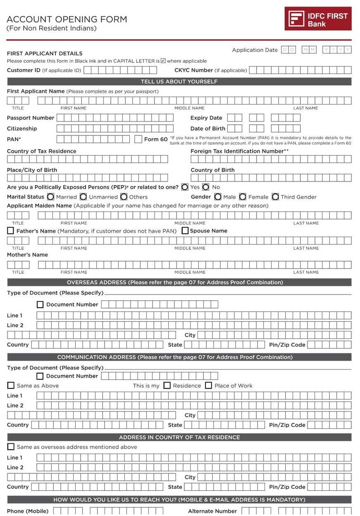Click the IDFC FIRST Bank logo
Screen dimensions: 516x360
tap(318, 19)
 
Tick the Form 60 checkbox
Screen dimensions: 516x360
tap(138, 139)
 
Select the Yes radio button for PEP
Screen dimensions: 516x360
tap(185, 187)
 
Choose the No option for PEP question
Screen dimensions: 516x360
tap(206, 187)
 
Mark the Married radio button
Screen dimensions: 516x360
tap(50, 197)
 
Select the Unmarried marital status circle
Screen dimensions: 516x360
tap(83, 197)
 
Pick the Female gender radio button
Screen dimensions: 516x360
tap(243, 197)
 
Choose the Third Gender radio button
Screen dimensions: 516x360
tap(275, 197)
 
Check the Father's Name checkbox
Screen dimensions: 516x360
tap(10, 231)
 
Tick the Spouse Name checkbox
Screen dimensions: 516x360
tap(185, 231)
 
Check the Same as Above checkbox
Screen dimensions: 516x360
tap(11, 385)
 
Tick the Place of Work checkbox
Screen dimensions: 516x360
tap(208, 385)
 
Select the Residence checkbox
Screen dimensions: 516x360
tap(167, 385)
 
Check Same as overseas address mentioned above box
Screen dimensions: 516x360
tap(11, 447)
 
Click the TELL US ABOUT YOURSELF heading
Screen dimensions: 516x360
tap(179, 82)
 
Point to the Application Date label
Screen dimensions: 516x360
tap(255, 50)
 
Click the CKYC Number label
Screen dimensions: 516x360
tap(193, 70)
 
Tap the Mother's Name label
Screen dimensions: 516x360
tap(27, 255)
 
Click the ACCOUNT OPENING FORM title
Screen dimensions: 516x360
tap(67, 19)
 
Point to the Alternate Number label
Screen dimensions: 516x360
tap(212, 511)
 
